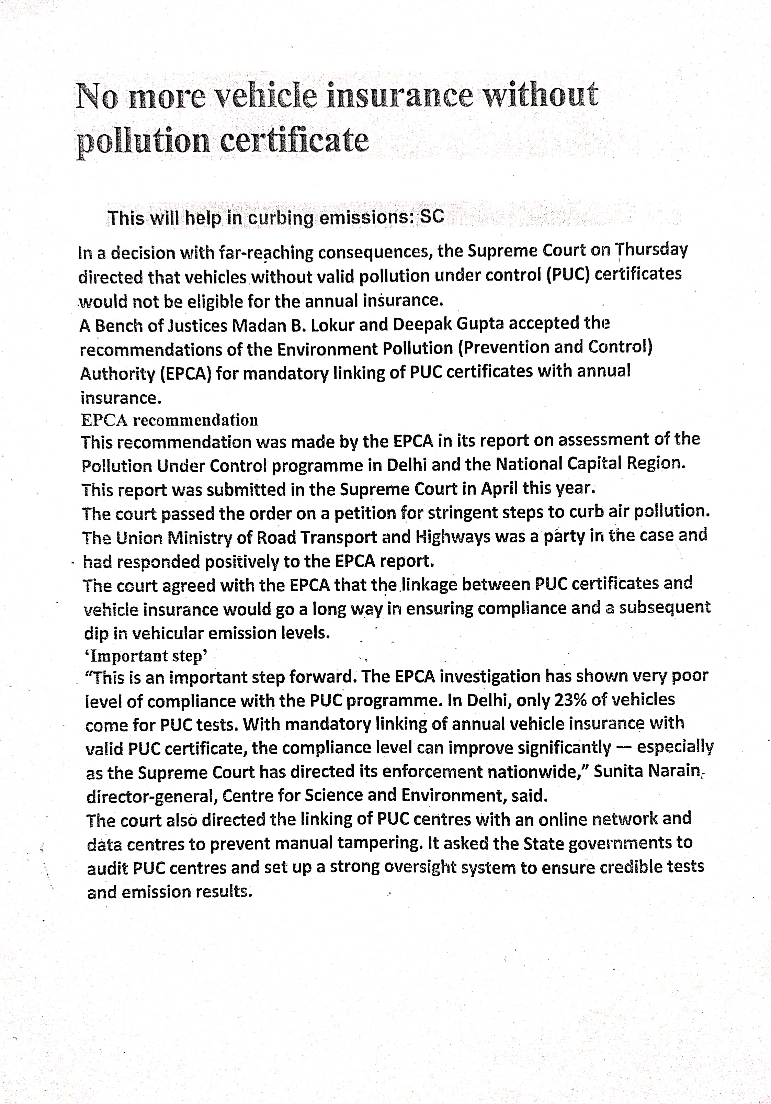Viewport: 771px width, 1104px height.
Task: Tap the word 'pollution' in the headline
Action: [x=143, y=140]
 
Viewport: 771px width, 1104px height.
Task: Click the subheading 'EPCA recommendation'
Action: [x=169, y=420]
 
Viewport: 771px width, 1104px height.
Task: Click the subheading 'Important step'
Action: [x=146, y=656]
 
